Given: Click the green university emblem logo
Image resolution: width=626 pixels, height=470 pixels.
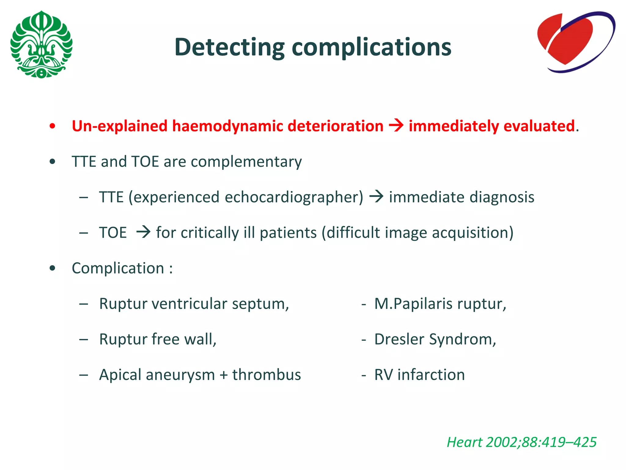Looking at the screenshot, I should coord(41,44).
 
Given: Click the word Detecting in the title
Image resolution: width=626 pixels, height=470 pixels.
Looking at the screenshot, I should coord(229,47).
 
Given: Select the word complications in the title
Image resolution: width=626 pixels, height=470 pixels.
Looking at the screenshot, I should coord(371,47).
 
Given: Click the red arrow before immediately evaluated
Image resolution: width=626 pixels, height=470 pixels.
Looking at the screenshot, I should coord(396,126).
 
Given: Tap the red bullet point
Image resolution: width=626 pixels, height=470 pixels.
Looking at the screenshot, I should coord(53,126).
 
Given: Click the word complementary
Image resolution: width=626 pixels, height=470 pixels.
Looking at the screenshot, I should coord(246,162).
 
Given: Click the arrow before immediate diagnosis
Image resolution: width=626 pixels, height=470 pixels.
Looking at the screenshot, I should coord(376,196).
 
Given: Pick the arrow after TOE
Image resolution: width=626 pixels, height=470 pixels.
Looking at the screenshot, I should coord(143,232).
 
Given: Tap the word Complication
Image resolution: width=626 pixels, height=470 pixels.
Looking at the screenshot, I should coord(118,268).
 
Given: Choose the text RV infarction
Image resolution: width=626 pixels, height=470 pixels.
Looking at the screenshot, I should coord(419,375).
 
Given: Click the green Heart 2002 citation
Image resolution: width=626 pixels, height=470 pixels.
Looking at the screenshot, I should coord(521,442).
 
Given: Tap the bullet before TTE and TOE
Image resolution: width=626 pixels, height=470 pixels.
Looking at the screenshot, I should coord(53,162).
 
